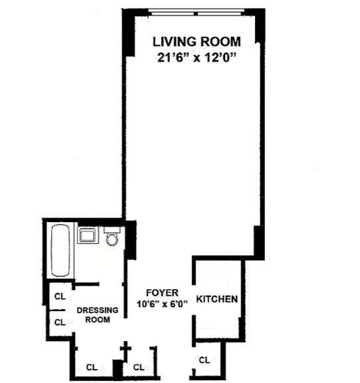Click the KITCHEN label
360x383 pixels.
pos(217,299)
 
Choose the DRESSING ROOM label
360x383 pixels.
pos(97,315)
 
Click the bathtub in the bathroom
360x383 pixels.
pos(60,251)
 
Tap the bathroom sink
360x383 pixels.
pos(87,235)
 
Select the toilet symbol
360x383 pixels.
pos(112,236)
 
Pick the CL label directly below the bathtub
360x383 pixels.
pos(59,296)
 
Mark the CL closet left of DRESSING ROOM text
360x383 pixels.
pos(59,322)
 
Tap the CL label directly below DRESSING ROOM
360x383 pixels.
pos(89,367)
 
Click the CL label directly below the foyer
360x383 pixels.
pos(138,367)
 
